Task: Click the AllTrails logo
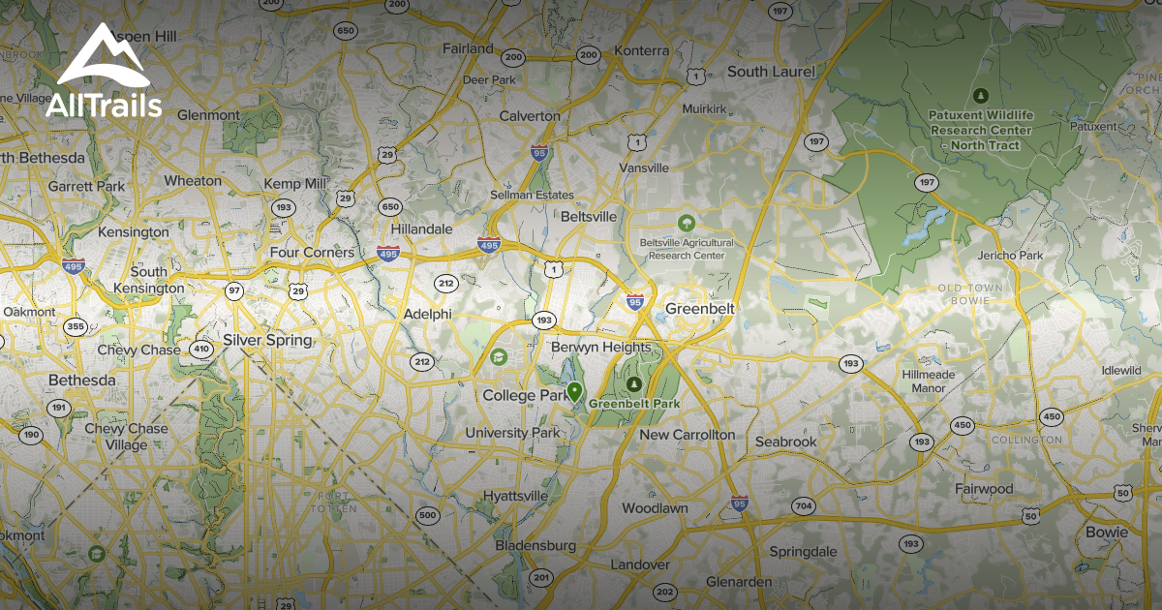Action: (104, 72)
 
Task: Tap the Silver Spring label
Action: (267, 340)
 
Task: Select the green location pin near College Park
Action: (574, 392)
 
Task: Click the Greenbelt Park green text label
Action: (634, 403)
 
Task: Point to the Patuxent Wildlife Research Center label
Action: (981, 130)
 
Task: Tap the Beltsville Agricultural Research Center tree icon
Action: (687, 223)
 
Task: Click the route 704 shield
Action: (803, 505)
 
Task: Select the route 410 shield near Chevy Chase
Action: (200, 350)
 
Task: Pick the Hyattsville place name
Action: (515, 496)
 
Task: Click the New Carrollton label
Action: (687, 435)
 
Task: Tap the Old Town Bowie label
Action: (970, 294)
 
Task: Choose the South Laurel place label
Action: (771, 72)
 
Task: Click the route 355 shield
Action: (76, 326)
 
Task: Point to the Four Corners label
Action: (312, 253)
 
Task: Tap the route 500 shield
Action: (426, 514)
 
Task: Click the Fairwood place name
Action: (984, 489)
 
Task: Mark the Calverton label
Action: (530, 116)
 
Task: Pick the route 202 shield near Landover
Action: (664, 592)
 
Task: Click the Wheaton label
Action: (193, 180)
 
